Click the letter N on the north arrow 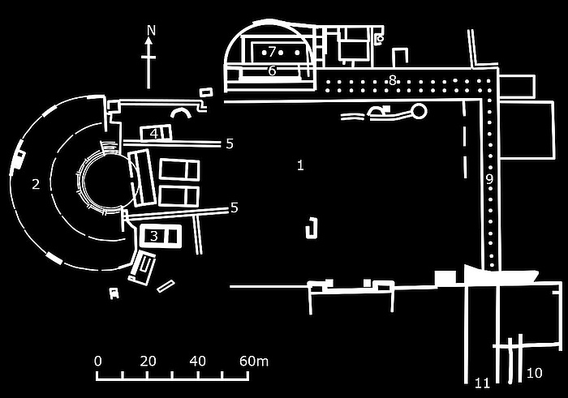point(149,31)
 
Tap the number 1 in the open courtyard point(300,165)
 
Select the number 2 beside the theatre point(36,184)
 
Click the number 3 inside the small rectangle point(154,236)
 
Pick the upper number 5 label point(230,144)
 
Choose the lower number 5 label point(234,208)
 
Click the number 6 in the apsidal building point(272,71)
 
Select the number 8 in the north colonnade point(393,79)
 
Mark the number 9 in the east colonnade point(489,180)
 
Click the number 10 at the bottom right point(534,373)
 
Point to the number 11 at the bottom point(483,383)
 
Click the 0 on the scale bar point(97,361)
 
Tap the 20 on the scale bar point(148,361)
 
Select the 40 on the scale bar point(197,361)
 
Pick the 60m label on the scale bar point(253,361)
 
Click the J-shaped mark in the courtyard point(310,229)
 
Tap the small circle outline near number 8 point(419,110)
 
